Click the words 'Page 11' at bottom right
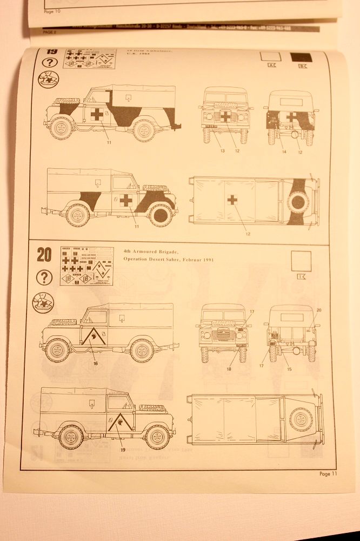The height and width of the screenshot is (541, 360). click(x=328, y=474)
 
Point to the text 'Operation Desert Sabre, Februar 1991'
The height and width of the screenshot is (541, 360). click(x=169, y=260)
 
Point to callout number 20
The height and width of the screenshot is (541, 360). click(x=319, y=309)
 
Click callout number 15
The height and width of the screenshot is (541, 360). click(x=289, y=368)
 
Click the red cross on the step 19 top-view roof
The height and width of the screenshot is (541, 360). click(x=232, y=200)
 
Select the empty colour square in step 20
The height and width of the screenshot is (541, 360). click(x=299, y=262)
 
